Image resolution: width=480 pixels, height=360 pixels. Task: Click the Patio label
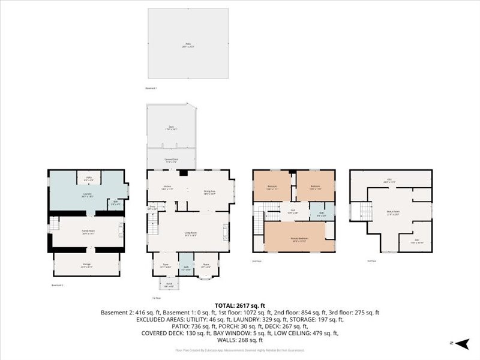click(x=188, y=45)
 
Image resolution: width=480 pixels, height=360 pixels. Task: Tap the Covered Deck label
click(x=171, y=160)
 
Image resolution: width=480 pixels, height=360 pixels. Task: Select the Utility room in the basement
click(x=88, y=179)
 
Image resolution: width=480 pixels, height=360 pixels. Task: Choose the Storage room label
click(x=86, y=264)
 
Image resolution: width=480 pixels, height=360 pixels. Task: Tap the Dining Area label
click(x=209, y=192)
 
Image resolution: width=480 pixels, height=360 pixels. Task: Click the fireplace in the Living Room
click(x=226, y=232)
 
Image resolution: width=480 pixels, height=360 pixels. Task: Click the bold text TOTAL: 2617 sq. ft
click(x=240, y=305)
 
